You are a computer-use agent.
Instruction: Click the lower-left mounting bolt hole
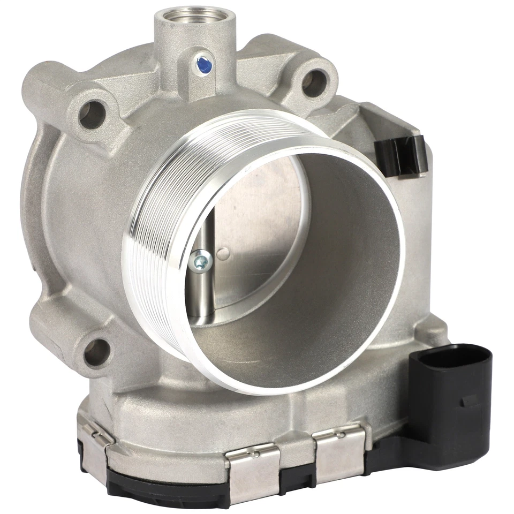pos(96,352)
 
